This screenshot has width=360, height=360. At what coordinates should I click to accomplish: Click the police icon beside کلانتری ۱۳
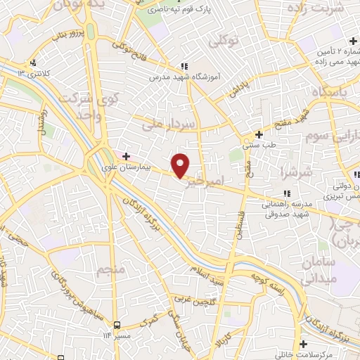pyautogui.click(x=30, y=63)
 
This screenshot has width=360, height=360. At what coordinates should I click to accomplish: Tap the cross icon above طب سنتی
pyautogui.click(x=259, y=134)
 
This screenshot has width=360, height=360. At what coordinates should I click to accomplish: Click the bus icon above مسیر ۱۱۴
pyautogui.click(x=117, y=324)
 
